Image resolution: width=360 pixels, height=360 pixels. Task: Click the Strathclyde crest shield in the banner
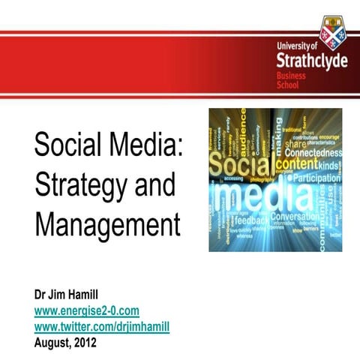click(x=332, y=31)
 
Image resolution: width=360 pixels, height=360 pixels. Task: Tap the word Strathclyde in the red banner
click(x=311, y=59)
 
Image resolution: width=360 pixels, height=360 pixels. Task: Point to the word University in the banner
click(x=293, y=46)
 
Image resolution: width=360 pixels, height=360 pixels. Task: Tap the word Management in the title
click(x=107, y=223)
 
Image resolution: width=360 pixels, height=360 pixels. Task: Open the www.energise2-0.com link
click(x=86, y=310)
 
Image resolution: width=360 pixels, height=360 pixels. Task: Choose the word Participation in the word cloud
click(x=316, y=178)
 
